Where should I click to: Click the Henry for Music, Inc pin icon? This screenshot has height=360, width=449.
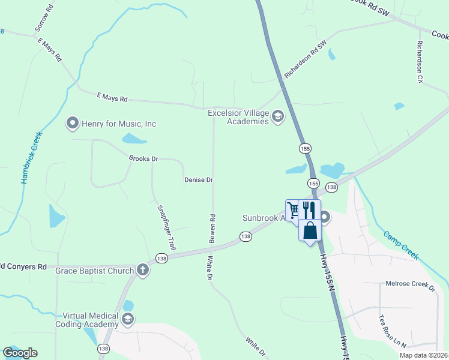[x=73, y=124]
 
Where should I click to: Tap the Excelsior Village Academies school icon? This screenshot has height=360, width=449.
[x=277, y=116]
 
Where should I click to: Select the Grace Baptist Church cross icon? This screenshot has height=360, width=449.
[x=143, y=270]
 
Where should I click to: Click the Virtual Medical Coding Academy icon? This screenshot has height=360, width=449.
[x=127, y=320]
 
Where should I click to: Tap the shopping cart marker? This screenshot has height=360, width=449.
[x=293, y=210]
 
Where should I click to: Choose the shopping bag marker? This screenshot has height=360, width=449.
[x=310, y=231]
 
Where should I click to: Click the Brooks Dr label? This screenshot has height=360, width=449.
[x=143, y=159]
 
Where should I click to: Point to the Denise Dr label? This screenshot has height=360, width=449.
[x=199, y=179]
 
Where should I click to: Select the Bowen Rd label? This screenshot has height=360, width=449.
[x=212, y=229]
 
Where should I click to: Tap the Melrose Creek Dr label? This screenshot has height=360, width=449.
[x=410, y=285]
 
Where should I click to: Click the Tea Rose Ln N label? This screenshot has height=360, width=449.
[x=393, y=332]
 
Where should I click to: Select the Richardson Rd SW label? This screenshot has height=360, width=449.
[x=306, y=59]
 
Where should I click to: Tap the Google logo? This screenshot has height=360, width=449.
[x=20, y=353]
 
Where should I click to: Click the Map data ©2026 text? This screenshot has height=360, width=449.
[x=423, y=355]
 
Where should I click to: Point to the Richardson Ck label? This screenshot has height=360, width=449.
[x=420, y=62]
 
